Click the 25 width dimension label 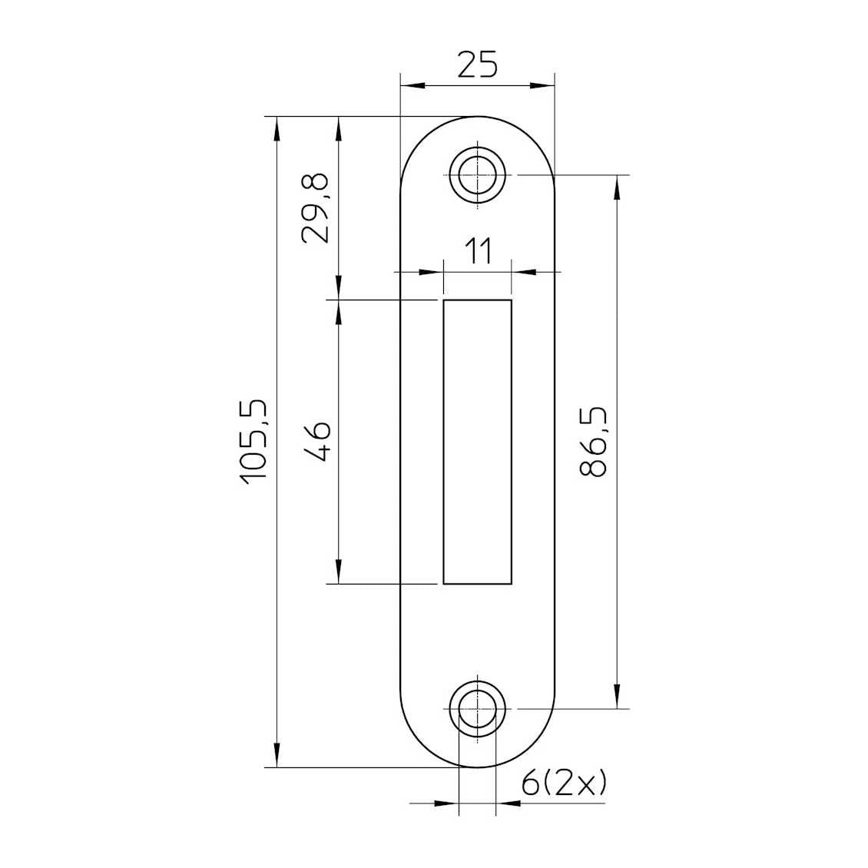pyautogui.click(x=478, y=64)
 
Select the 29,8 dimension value pyautogui.click(x=315, y=208)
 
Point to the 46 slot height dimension pyautogui.click(x=318, y=442)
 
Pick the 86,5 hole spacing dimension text pyautogui.click(x=593, y=442)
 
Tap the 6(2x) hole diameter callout pyautogui.click(x=564, y=784)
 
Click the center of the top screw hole pyautogui.click(x=477, y=175)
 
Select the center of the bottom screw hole pyautogui.click(x=477, y=709)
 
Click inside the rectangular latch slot pyautogui.click(x=477, y=442)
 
